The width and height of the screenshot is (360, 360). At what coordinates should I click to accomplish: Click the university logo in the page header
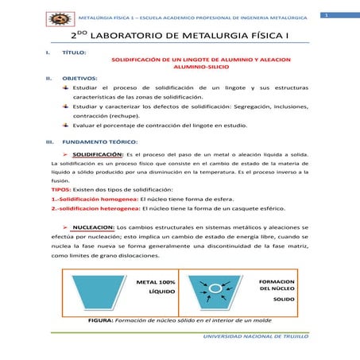[x=59, y=18]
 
